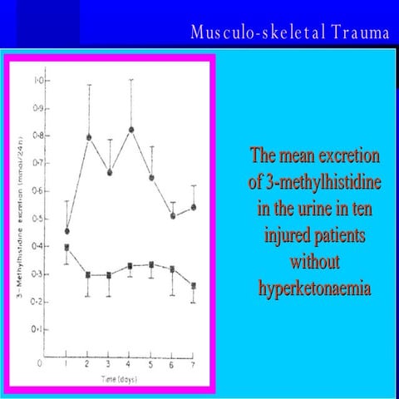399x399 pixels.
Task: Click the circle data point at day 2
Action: coord(89,136)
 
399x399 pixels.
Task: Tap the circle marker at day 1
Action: coord(67,230)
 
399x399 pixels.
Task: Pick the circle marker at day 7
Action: coord(194,207)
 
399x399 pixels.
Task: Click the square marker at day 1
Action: coord(67,247)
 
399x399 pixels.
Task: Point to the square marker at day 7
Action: coord(194,285)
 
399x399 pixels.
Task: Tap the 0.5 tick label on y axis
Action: coord(38,219)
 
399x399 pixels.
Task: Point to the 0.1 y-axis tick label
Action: coord(38,329)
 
